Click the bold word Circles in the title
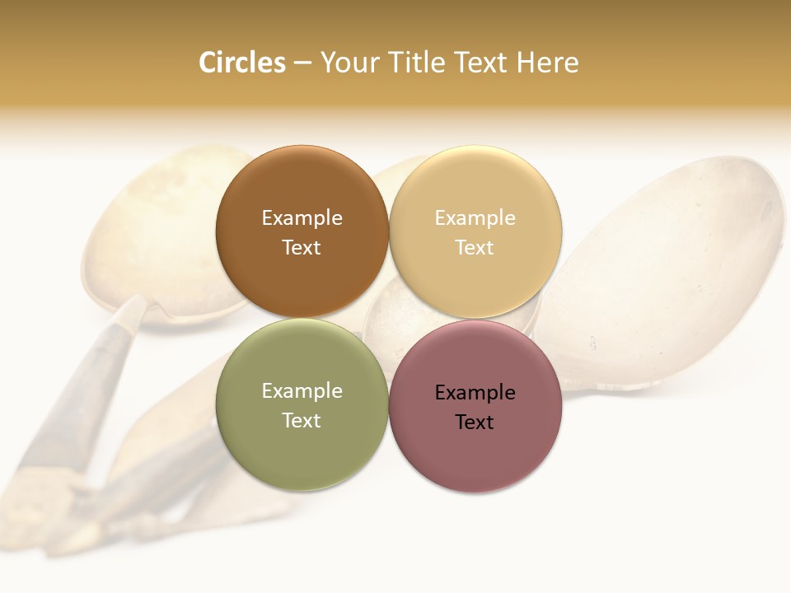[241, 63]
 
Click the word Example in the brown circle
[302, 218]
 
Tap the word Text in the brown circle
[302, 248]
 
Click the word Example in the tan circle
[475, 218]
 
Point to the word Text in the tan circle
[475, 248]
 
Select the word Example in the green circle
[302, 391]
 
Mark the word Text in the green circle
[302, 421]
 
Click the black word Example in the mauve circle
[475, 393]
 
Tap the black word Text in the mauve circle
[475, 423]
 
